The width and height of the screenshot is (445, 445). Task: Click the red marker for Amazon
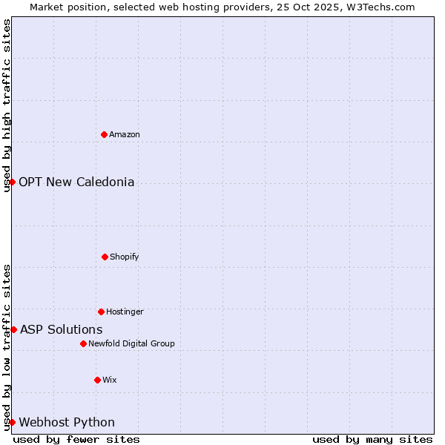tap(104, 134)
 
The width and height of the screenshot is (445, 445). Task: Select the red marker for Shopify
tap(105, 257)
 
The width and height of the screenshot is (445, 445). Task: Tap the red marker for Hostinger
tap(101, 311)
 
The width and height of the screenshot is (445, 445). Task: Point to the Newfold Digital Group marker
tap(83, 343)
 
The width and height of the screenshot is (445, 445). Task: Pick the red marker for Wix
tap(97, 380)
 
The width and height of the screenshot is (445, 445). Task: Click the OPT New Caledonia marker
tap(13, 182)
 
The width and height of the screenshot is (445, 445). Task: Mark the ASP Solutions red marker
tap(13, 329)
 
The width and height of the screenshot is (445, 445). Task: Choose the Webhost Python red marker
tap(13, 422)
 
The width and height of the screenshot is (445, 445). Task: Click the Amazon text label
tap(125, 134)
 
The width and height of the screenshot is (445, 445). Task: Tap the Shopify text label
tap(125, 257)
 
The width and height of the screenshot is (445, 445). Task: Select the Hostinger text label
tap(125, 311)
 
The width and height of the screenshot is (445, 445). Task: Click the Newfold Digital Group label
tap(131, 343)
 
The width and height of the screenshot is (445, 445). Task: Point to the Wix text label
tap(110, 380)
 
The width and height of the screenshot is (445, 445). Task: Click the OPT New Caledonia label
tap(76, 182)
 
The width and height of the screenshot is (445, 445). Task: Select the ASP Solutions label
tap(61, 329)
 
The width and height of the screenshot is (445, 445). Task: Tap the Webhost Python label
tap(67, 422)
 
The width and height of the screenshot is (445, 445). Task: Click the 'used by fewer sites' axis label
tap(76, 439)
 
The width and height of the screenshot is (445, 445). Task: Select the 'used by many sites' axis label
tap(372, 439)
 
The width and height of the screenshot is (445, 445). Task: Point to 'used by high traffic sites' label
tap(7, 105)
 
